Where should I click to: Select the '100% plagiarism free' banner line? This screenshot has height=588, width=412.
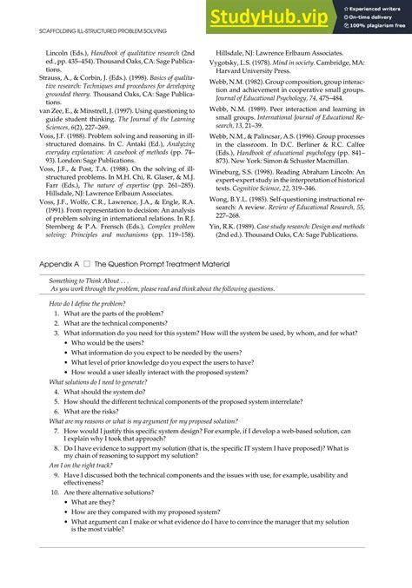click(378, 26)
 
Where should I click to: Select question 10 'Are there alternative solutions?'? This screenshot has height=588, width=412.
click(123, 491)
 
